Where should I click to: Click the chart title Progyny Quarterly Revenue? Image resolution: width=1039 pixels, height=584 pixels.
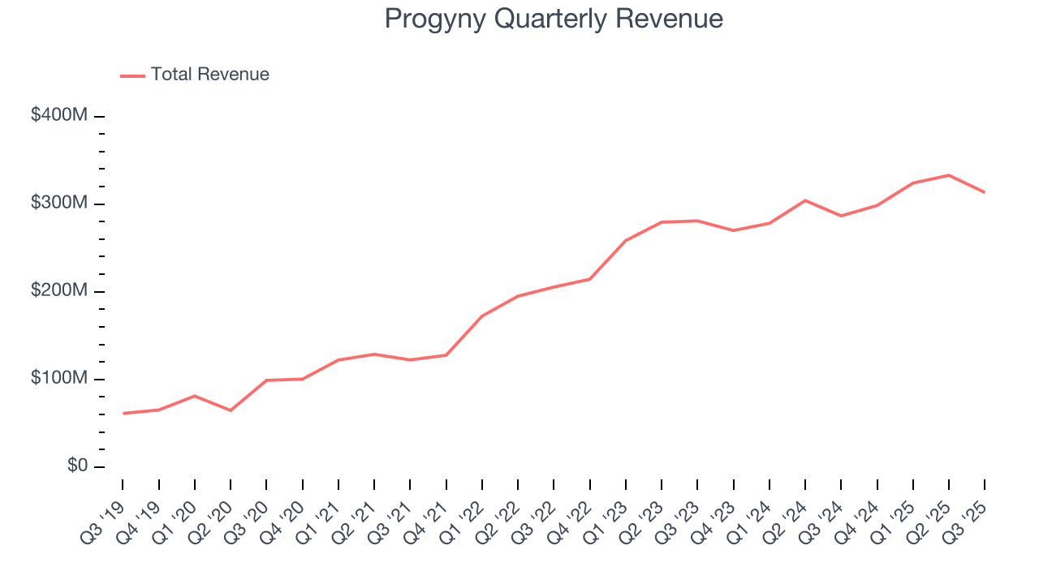554,19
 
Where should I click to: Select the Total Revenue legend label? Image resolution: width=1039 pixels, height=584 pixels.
209,75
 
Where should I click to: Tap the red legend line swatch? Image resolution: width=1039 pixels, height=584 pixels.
132,75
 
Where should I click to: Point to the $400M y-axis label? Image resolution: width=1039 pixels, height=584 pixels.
58,116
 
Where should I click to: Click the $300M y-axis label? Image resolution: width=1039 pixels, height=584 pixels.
58,204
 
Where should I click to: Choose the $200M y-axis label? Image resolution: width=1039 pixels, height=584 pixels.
58,291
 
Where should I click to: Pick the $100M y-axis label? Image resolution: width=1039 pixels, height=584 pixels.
58,379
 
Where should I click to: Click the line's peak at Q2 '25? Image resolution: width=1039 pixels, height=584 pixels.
949,175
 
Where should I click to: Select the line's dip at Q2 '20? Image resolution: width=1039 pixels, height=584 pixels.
231,410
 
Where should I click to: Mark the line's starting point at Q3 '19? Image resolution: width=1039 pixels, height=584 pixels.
123,414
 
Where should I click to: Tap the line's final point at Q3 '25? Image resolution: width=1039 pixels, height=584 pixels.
985,192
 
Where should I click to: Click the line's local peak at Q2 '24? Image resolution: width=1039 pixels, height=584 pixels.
805,200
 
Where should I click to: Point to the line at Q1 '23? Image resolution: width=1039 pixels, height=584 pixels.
626,240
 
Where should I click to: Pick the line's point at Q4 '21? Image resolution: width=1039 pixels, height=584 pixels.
446,355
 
